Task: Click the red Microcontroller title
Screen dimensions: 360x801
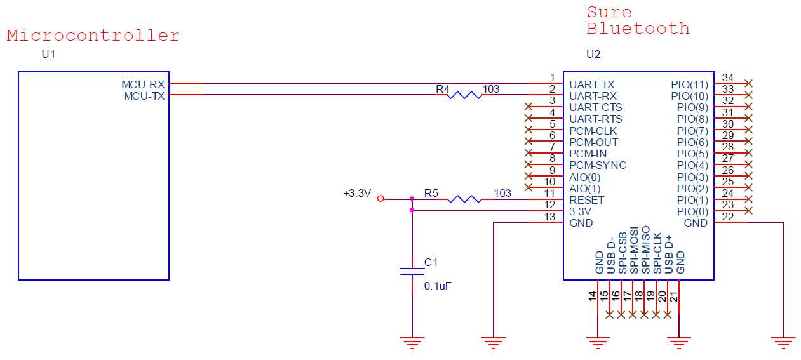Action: (93, 36)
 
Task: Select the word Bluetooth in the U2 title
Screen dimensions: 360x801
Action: (638, 29)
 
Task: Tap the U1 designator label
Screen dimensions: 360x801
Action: (48, 54)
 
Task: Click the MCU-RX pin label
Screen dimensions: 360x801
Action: (143, 84)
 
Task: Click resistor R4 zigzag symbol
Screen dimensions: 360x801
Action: (464, 95)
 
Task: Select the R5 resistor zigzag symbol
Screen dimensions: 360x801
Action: (464, 199)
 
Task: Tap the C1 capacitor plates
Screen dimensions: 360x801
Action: (412, 272)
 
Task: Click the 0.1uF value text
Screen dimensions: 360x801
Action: (438, 286)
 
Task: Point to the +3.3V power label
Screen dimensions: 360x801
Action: (356, 194)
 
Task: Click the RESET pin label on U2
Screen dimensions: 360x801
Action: (586, 200)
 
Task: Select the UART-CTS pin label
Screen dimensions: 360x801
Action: (595, 107)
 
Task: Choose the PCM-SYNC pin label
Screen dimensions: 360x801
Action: (597, 165)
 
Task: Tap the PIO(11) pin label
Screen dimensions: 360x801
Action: (689, 84)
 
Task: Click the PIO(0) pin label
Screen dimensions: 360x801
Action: (692, 211)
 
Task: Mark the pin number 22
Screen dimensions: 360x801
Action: (728, 217)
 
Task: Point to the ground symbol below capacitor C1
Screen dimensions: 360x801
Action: (412, 343)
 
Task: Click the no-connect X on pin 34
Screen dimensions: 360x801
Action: (749, 83)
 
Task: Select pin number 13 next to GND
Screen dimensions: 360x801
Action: (550, 217)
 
